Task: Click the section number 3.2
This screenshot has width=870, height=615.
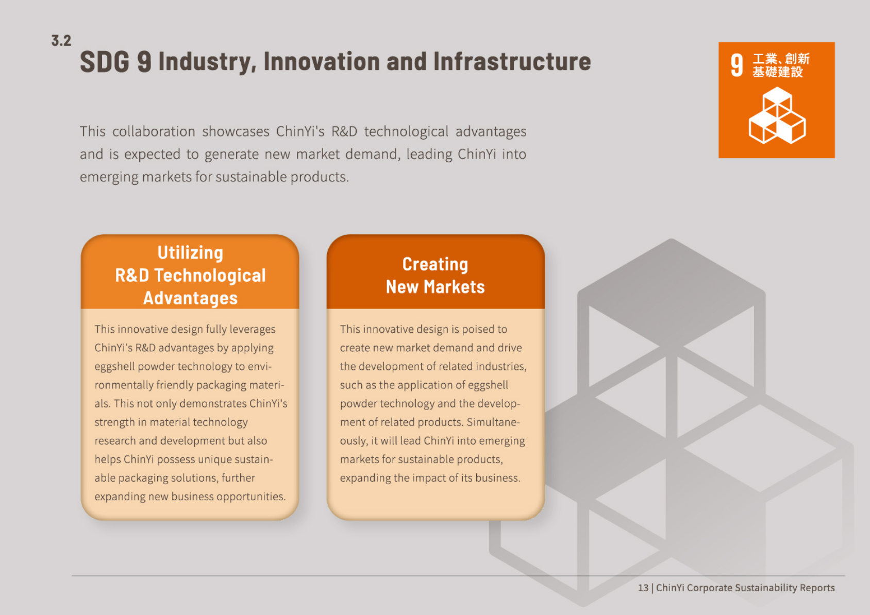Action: [61, 41]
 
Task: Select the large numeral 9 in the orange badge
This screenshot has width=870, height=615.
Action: [737, 66]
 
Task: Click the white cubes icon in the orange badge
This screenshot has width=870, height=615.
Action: [777, 116]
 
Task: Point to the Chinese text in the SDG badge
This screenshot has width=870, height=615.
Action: [780, 65]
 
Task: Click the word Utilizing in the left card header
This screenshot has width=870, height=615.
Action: [190, 253]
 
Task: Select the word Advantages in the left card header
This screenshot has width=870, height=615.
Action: [190, 298]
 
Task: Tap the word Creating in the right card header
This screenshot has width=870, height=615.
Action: [435, 264]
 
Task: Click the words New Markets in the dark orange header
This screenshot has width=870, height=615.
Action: [435, 287]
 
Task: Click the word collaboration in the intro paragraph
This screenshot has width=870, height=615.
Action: [154, 132]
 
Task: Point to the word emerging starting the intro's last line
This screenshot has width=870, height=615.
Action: [109, 177]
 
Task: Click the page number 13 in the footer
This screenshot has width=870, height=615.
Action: [643, 588]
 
